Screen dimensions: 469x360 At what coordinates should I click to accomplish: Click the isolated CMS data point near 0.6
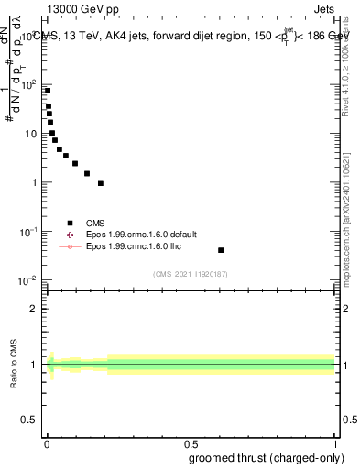coord(221,250)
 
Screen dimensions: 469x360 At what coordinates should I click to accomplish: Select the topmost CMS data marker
coord(48,91)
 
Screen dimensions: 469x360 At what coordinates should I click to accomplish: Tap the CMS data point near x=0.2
coord(101,183)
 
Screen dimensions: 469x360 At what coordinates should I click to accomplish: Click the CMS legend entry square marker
coord(70,223)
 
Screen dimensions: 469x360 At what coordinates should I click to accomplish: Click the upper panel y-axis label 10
coord(32,134)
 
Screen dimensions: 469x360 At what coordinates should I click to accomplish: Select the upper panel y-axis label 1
coord(35,182)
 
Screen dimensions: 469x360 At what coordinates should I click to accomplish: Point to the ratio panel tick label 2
coord(34,309)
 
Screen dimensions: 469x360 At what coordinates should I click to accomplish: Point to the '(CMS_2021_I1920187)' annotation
coord(191,273)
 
